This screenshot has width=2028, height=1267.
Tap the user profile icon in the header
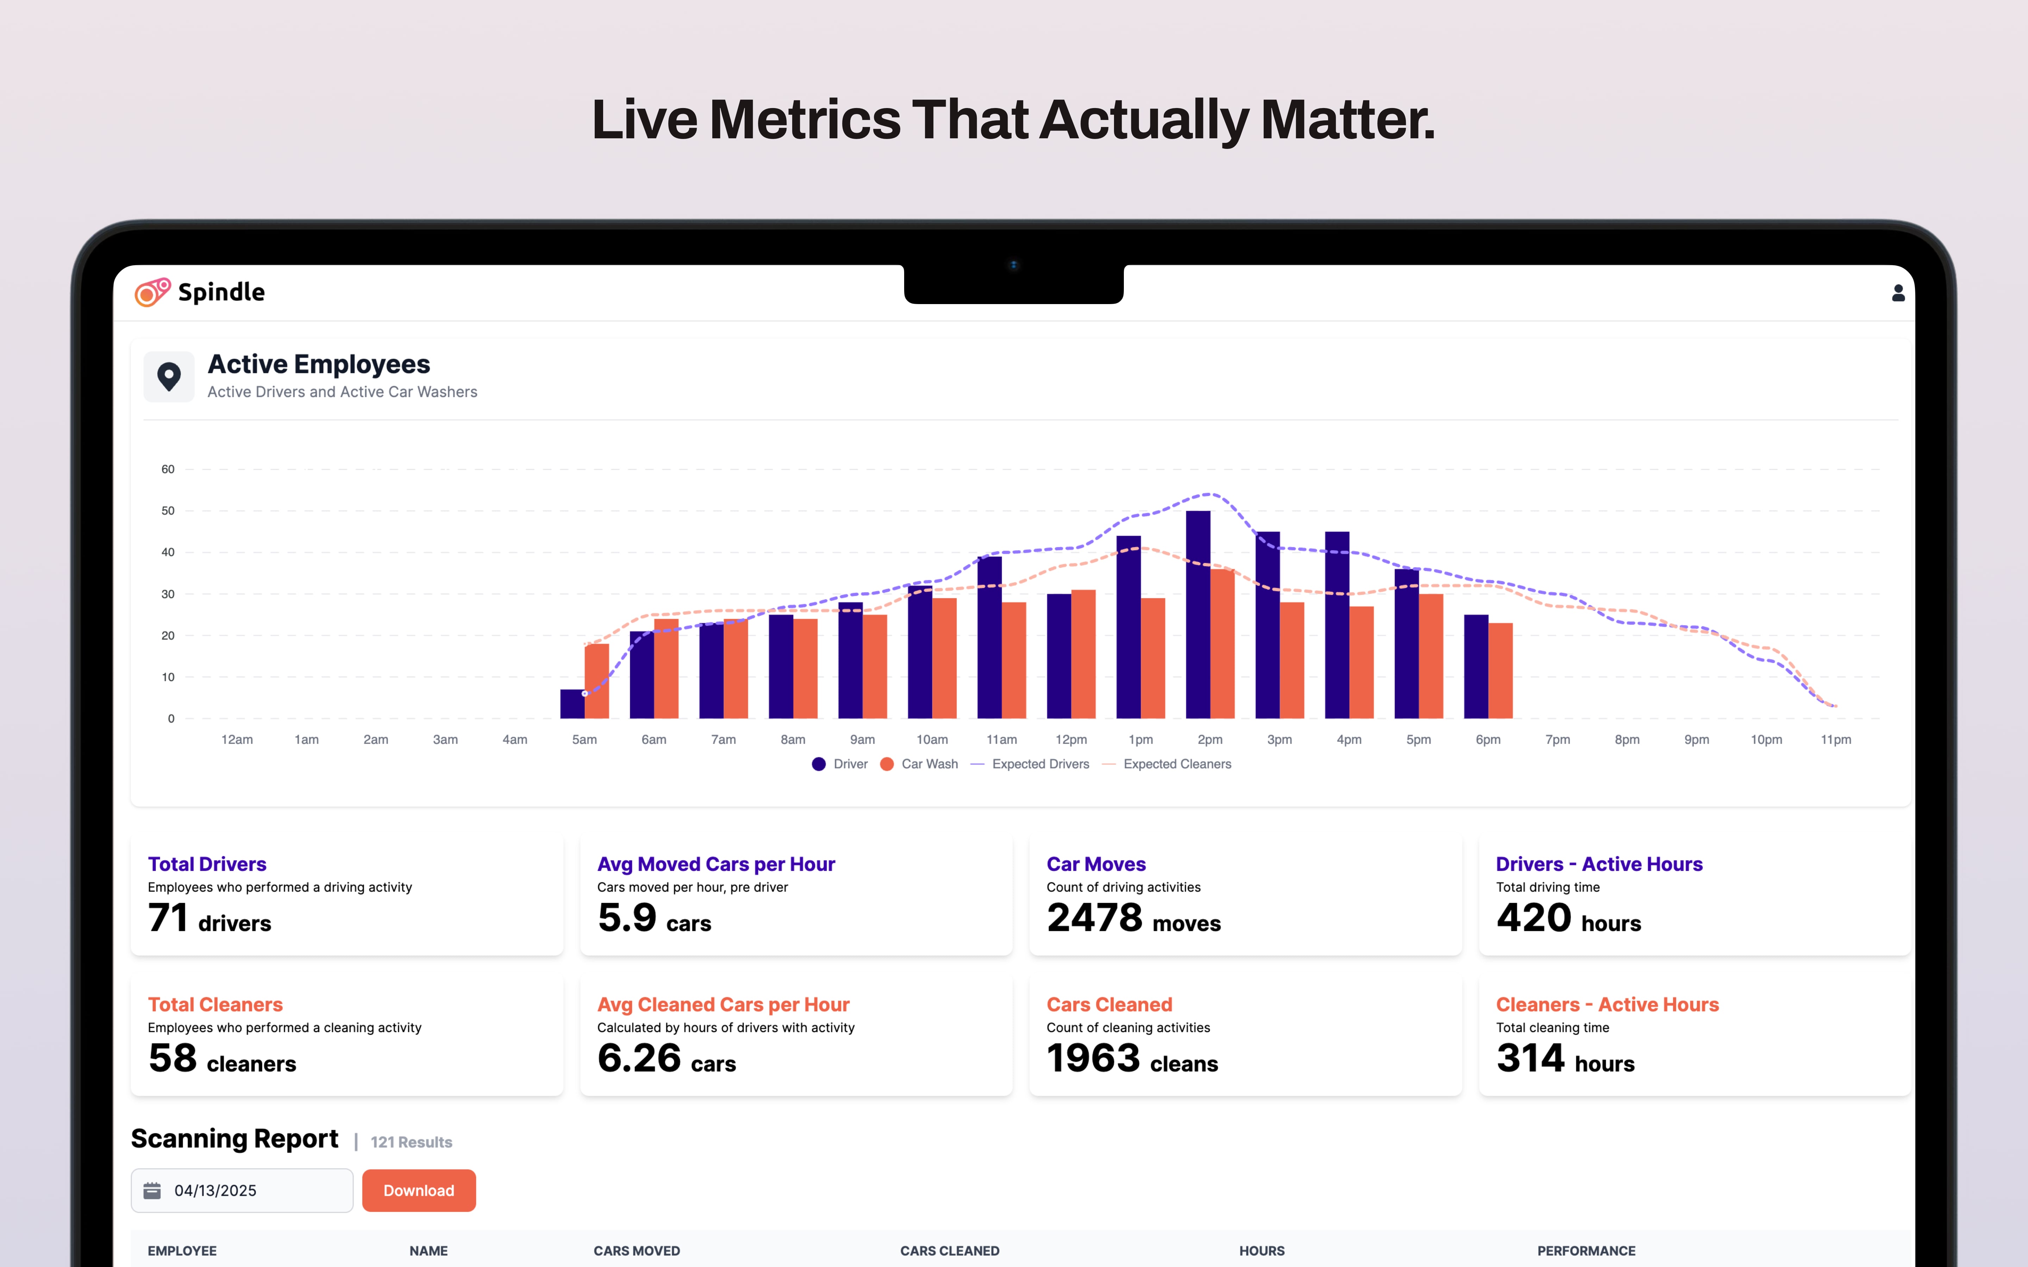point(1898,292)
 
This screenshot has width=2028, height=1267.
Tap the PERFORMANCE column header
point(1585,1250)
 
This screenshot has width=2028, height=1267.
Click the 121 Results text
point(412,1142)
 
